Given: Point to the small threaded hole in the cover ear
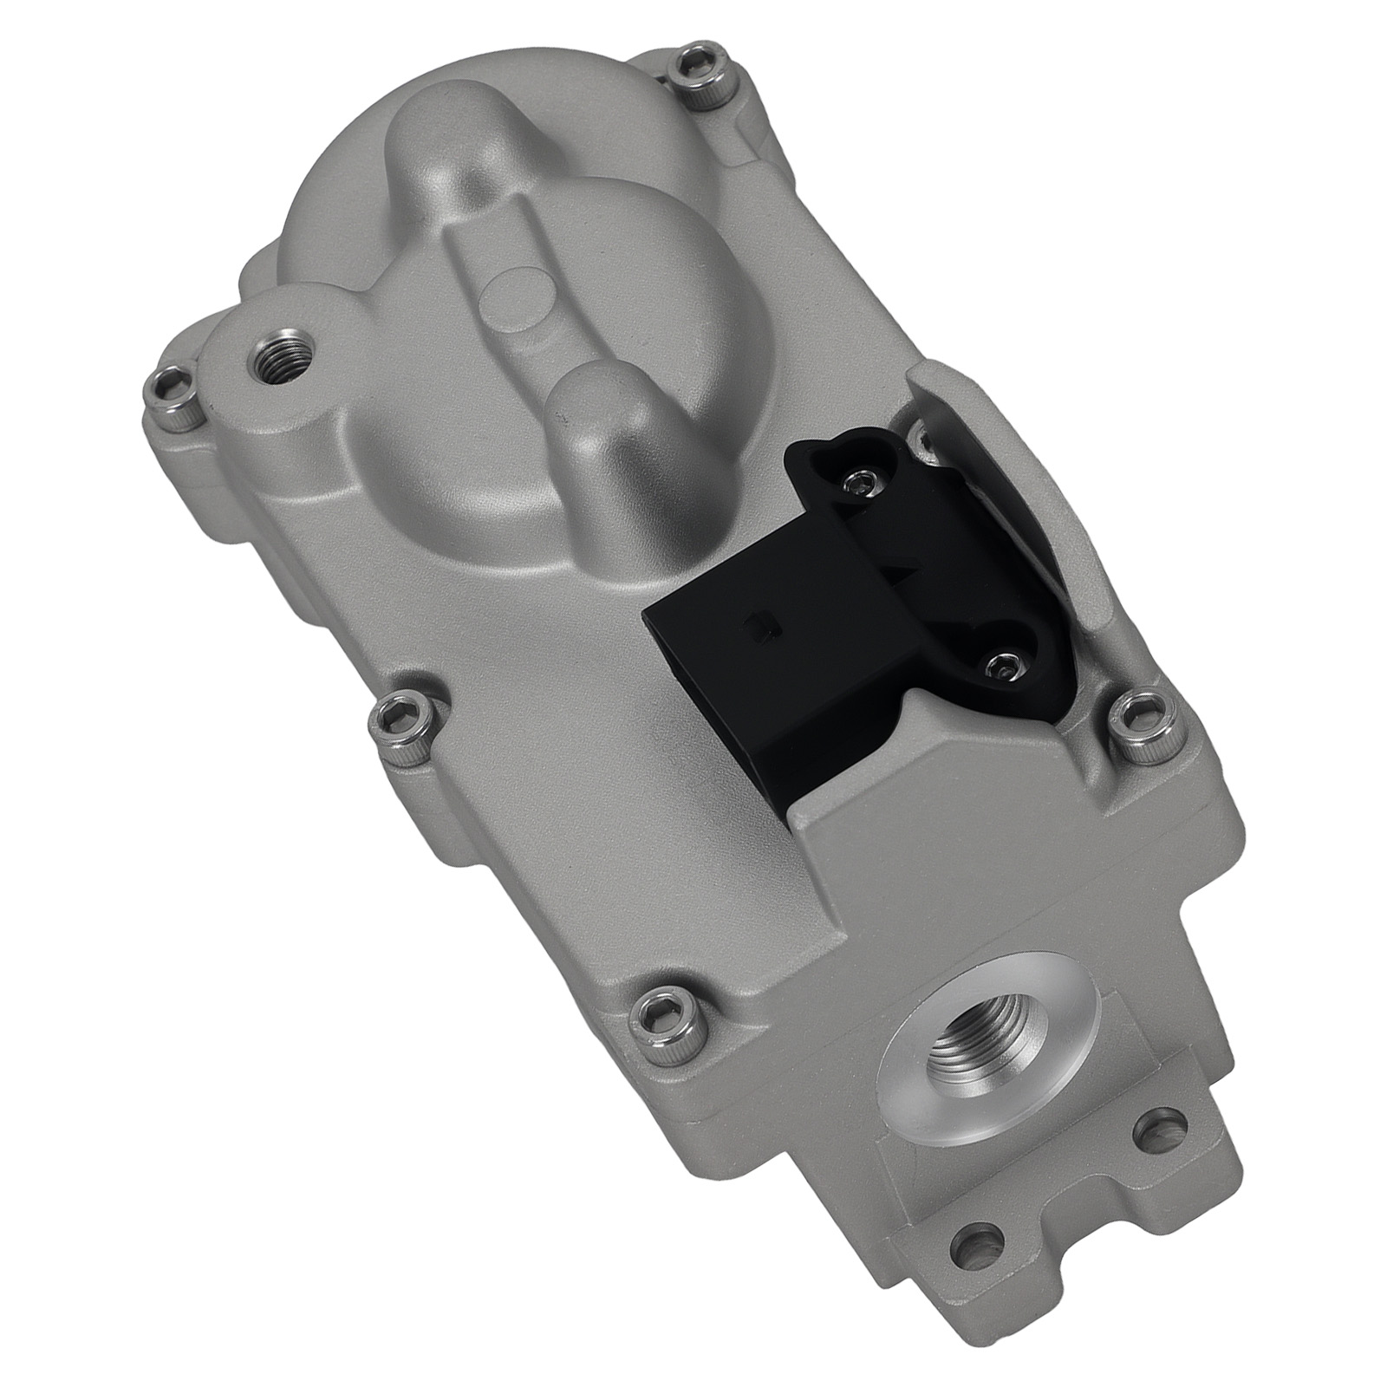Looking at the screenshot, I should pyautogui.click(x=283, y=356).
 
